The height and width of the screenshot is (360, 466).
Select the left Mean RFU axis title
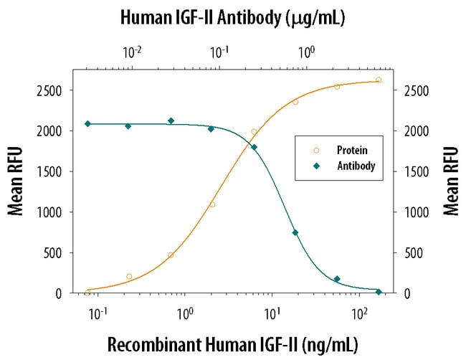(16, 181)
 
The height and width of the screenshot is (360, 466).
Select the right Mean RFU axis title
(450, 181)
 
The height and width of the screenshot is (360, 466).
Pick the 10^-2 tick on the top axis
(132, 52)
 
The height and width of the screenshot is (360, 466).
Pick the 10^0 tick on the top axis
(307, 52)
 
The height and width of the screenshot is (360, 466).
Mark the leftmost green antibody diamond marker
(87, 123)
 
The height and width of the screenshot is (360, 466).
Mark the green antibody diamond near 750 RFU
(295, 232)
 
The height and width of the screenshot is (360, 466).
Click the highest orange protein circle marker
(379, 80)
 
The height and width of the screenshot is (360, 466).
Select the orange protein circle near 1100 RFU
(212, 204)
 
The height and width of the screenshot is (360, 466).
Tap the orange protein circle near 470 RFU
(171, 255)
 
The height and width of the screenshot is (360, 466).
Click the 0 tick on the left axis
(63, 293)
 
